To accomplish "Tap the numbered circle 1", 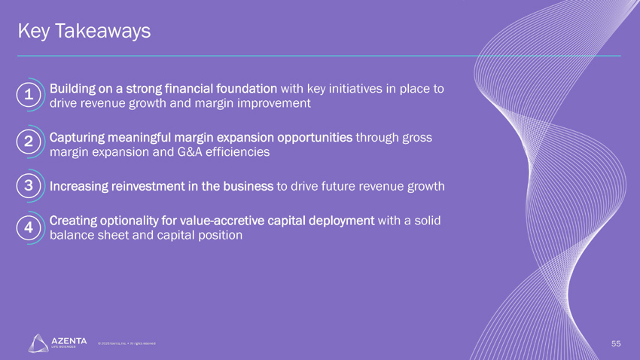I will [x=28, y=95].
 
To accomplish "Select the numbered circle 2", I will [x=28, y=142].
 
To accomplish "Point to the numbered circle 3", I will [x=28, y=185].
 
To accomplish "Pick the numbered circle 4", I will [x=28, y=227].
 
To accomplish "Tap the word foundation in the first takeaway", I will [x=251, y=88].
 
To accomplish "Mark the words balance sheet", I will [x=87, y=235].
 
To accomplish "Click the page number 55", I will [x=615, y=343].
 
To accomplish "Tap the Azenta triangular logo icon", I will [x=38, y=343].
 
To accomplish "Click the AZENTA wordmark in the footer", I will [x=69, y=341].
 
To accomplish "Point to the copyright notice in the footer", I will [x=126, y=343].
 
